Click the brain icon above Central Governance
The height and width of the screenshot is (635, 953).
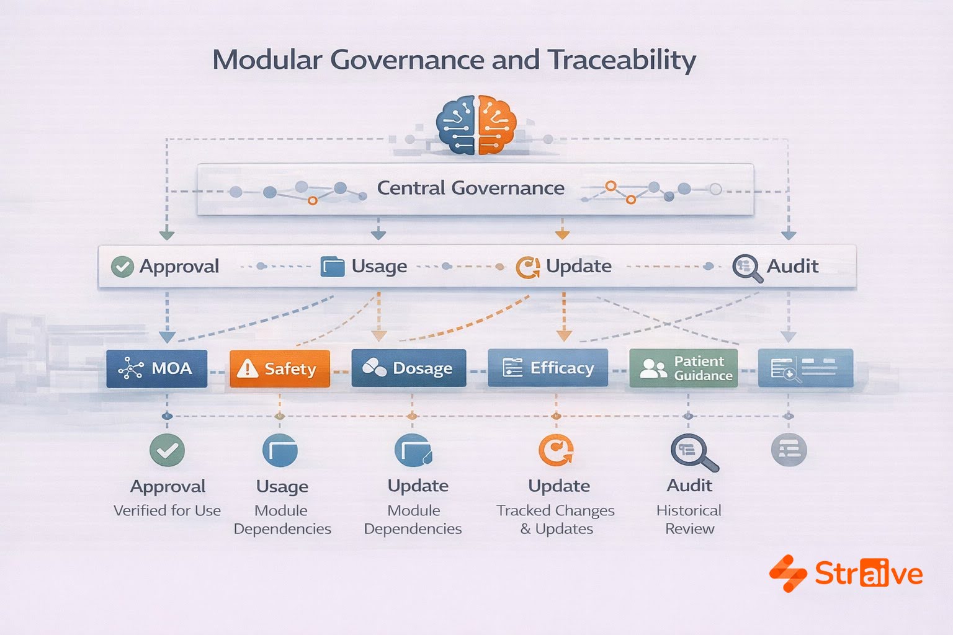[x=476, y=125]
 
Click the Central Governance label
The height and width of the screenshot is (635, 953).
[x=470, y=188]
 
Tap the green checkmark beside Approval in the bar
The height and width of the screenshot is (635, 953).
[x=122, y=267]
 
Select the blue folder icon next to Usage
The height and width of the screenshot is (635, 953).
[x=333, y=267]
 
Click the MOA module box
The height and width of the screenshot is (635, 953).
[x=156, y=368]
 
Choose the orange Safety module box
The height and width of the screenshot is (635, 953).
[x=279, y=368]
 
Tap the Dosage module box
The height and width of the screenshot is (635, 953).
[x=408, y=368]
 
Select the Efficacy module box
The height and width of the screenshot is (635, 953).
[x=547, y=368]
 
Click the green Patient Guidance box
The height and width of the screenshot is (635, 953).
[x=683, y=368]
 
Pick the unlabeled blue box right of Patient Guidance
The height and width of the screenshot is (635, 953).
[x=805, y=368]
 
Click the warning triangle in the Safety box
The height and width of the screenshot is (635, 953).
[x=248, y=369]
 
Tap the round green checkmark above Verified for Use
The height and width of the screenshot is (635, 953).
[x=167, y=450]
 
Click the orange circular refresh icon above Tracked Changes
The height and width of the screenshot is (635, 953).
[x=556, y=450]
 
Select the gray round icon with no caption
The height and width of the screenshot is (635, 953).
[x=789, y=450]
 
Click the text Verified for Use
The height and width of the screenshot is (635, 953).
[x=167, y=510]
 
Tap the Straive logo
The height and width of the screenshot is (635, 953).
[x=846, y=574]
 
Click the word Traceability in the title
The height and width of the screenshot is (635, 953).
[x=622, y=61]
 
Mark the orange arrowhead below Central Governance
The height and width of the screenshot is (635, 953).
[x=562, y=234]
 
